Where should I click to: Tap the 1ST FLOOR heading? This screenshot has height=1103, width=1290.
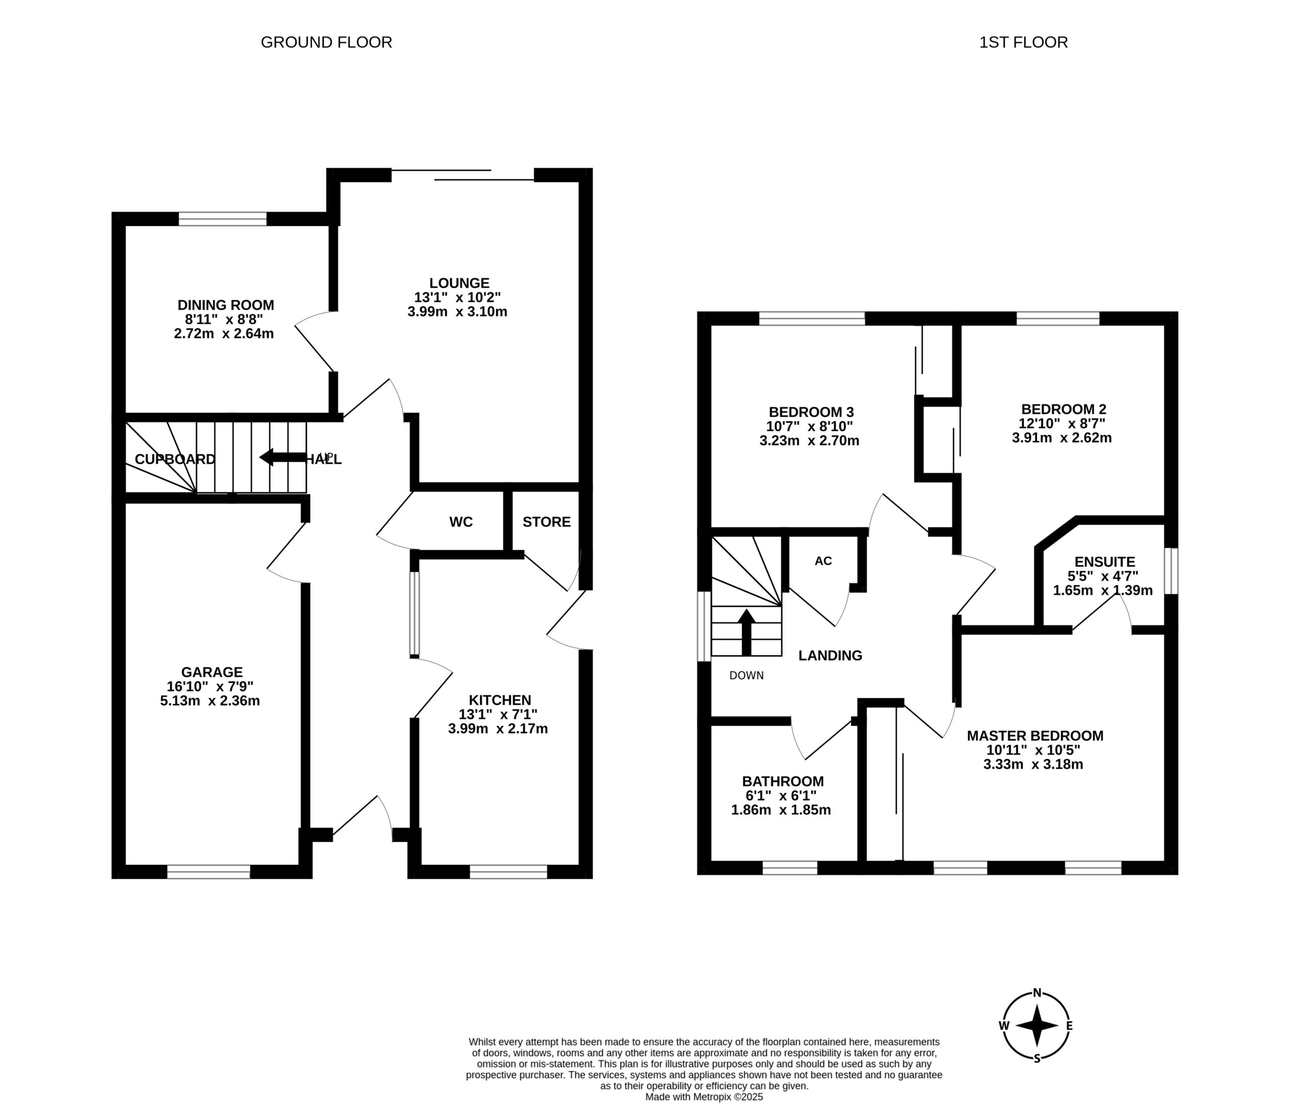point(1023,42)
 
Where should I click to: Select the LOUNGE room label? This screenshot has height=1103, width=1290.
point(460,283)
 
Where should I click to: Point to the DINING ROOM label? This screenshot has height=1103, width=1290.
point(226,305)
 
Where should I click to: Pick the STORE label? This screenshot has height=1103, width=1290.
point(547,522)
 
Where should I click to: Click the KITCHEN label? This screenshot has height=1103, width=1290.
point(500,700)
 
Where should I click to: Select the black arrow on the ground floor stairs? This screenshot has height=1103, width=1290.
point(283,458)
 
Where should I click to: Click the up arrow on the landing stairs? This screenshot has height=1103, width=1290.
point(746,632)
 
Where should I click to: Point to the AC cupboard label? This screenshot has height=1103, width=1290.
point(823,561)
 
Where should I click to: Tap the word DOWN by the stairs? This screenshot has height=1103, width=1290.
point(746,675)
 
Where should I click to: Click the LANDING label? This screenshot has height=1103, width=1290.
point(830,656)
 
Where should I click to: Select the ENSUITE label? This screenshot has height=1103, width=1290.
point(1105,562)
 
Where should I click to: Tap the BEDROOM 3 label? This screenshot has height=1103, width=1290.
point(811,412)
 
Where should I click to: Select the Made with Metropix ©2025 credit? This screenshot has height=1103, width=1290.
point(704,1097)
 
